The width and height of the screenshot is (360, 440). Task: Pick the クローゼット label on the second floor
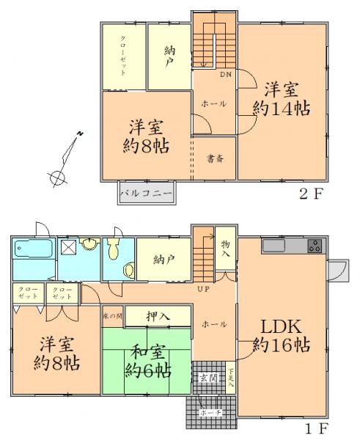123,56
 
